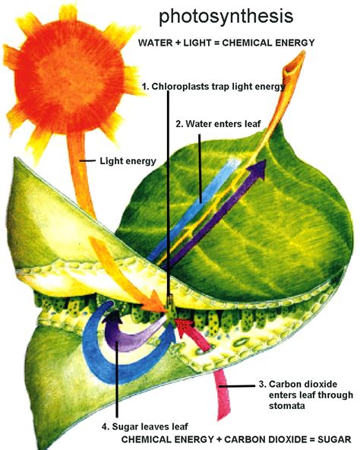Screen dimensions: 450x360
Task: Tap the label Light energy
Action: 128,160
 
